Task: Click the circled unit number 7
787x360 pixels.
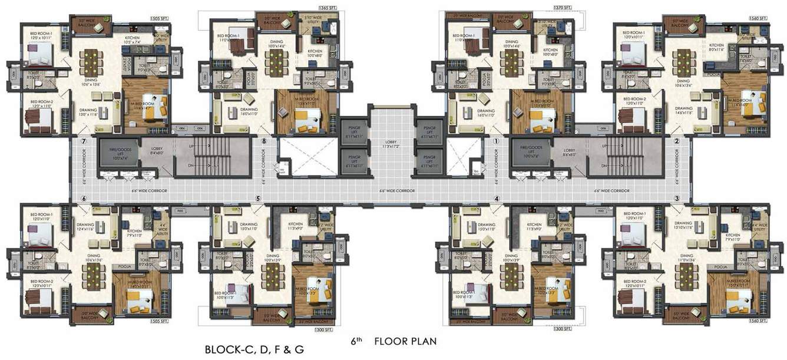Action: pos(84,141)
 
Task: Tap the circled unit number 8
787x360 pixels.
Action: pos(264,141)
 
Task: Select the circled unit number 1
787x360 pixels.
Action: pos(496,141)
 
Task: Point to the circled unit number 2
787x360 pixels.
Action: pos(677,141)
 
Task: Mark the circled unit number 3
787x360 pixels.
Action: pos(677,199)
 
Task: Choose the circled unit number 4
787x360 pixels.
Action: pos(496,199)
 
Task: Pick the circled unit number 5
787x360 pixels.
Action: pos(257,199)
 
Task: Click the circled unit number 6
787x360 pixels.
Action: pos(84,199)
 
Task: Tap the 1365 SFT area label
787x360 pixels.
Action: pos(327,8)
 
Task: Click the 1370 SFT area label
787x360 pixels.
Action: pos(563,8)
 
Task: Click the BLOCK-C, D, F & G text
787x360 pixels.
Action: pos(254,349)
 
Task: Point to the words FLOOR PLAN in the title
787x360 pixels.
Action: pos(405,341)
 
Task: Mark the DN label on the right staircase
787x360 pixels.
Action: pos(603,166)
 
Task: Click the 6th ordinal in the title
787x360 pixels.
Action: pos(354,341)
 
